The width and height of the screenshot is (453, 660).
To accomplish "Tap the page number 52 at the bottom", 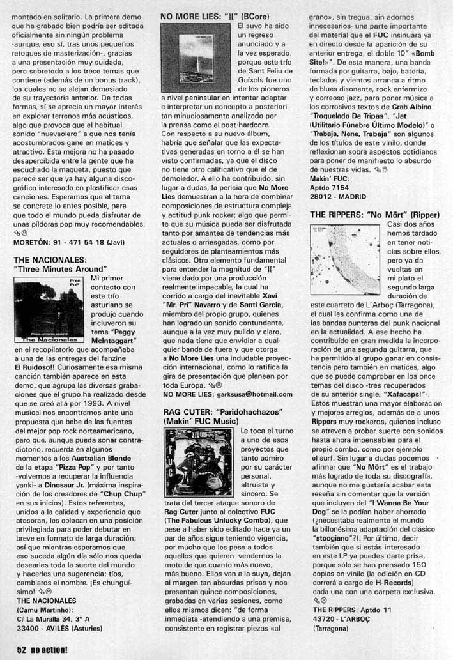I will [21, 650].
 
